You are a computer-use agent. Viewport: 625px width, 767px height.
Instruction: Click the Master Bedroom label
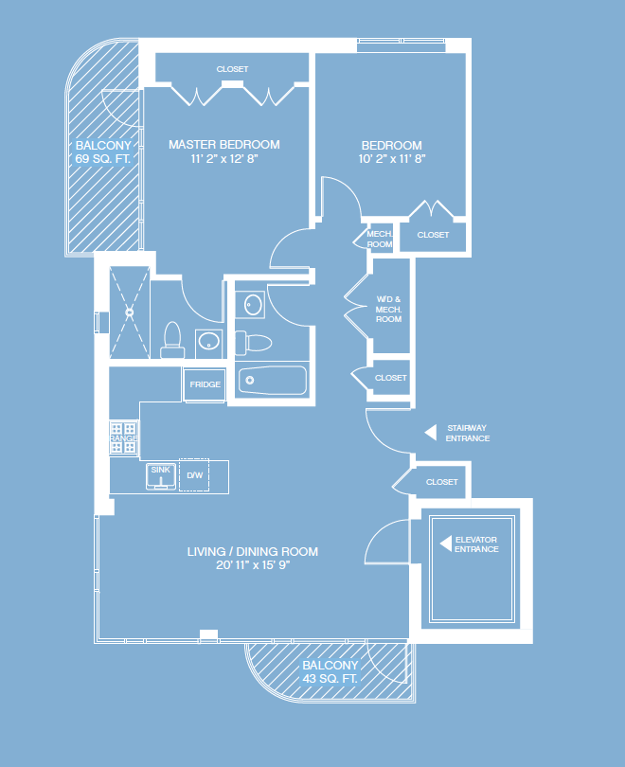[x=224, y=145]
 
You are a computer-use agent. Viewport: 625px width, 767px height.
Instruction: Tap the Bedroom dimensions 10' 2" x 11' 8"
[x=393, y=159]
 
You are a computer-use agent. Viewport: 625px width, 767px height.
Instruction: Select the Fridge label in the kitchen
[x=205, y=384]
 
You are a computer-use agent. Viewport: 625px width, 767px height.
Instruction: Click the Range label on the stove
[x=124, y=438]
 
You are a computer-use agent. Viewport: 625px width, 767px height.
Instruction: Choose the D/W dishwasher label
[x=195, y=475]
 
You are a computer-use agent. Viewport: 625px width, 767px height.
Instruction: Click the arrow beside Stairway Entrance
[x=430, y=433]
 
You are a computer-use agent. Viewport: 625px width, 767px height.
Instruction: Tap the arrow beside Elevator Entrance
[x=443, y=544]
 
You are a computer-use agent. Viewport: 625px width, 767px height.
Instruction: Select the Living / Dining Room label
[x=253, y=552]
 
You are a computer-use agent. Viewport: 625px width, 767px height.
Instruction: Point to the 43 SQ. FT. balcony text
[x=330, y=679]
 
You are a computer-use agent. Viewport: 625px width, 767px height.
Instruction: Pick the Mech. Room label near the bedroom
[x=380, y=239]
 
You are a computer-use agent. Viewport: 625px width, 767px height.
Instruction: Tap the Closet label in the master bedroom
[x=232, y=69]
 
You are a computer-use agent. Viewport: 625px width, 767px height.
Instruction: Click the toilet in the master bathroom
[x=172, y=336]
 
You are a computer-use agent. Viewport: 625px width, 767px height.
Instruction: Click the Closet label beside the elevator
[x=441, y=482]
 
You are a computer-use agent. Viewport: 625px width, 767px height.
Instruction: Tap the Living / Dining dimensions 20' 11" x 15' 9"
[x=253, y=566]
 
